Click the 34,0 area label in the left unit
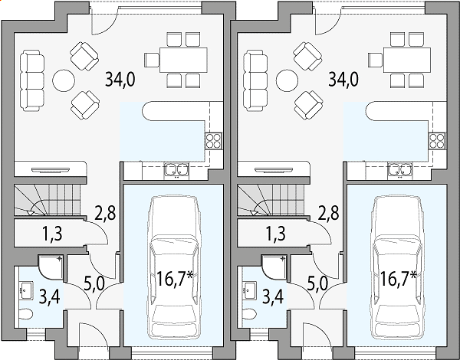pos(120,80)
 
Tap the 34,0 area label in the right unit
pos(343,80)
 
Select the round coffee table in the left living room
pos(64,80)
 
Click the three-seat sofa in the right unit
pos(255,80)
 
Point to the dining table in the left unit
pos(183,60)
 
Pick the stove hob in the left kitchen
pos(213,141)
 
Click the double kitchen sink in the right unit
pos(400,169)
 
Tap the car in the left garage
pos(173,267)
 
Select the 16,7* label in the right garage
pos(398,278)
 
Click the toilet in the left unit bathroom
pos(25,315)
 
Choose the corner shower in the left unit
pos(51,267)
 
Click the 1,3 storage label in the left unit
pos(52,234)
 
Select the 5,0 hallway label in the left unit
pos(94,283)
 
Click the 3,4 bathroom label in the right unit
pos(273,296)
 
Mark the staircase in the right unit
pos(270,200)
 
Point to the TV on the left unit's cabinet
pos(51,170)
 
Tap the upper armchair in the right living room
pos(307,56)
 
